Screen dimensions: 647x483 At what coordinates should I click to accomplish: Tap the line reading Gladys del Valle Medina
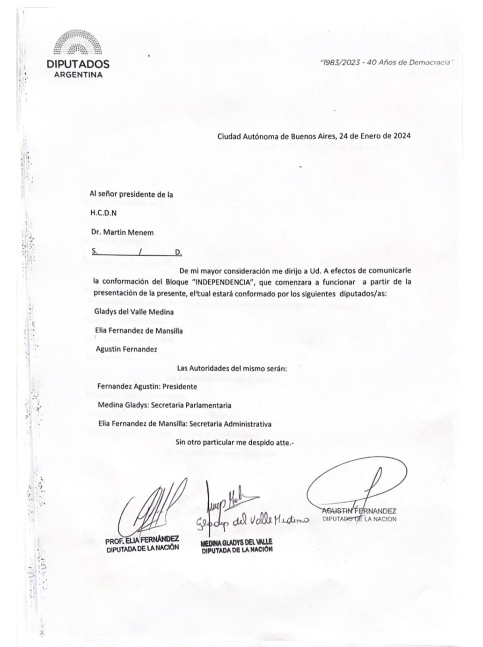127,312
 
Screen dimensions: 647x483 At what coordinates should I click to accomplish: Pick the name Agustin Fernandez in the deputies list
126,349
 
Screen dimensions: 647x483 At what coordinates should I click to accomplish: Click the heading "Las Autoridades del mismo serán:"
232,368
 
